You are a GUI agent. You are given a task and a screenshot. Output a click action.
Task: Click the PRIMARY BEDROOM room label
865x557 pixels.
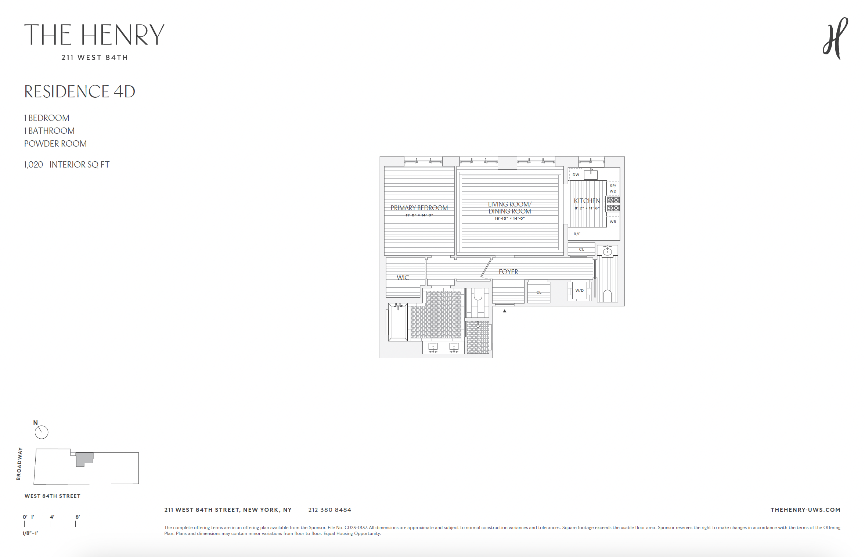coord(419,208)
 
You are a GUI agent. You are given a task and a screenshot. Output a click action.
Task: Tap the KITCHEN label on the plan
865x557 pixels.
coord(587,201)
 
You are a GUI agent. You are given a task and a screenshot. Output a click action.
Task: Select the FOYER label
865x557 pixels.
coord(508,272)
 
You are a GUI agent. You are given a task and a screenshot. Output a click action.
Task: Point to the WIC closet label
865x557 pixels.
coord(403,278)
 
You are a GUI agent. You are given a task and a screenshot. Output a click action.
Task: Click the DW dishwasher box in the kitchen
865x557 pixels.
coord(576,175)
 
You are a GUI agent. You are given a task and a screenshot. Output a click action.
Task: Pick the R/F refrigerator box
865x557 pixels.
coord(577,234)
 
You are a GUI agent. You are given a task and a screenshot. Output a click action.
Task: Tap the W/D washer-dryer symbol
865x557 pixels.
coord(579,291)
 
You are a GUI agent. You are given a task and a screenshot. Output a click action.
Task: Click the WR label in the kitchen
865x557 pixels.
coord(613,222)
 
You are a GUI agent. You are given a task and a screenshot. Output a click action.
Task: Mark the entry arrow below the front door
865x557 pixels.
coord(505,311)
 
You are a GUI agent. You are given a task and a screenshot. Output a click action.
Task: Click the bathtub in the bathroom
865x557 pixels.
coord(398,323)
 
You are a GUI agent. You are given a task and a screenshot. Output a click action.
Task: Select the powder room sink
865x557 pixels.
coord(608,251)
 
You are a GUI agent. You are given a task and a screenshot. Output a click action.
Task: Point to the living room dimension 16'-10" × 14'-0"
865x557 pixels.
coord(509,219)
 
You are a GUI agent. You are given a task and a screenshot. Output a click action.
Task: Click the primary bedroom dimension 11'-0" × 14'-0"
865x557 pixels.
coord(419,215)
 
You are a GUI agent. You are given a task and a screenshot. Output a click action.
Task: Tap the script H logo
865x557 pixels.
coord(835,39)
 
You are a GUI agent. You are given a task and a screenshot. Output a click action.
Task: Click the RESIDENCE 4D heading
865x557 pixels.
coord(80,92)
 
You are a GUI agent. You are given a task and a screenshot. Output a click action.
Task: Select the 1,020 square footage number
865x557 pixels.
coord(33,165)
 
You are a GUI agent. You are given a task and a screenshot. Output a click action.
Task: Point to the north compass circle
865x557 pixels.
coord(42,432)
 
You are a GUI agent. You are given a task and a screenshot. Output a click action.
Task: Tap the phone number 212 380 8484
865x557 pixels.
coord(329,510)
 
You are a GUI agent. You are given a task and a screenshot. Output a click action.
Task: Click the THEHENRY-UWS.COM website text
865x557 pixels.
coord(805,510)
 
